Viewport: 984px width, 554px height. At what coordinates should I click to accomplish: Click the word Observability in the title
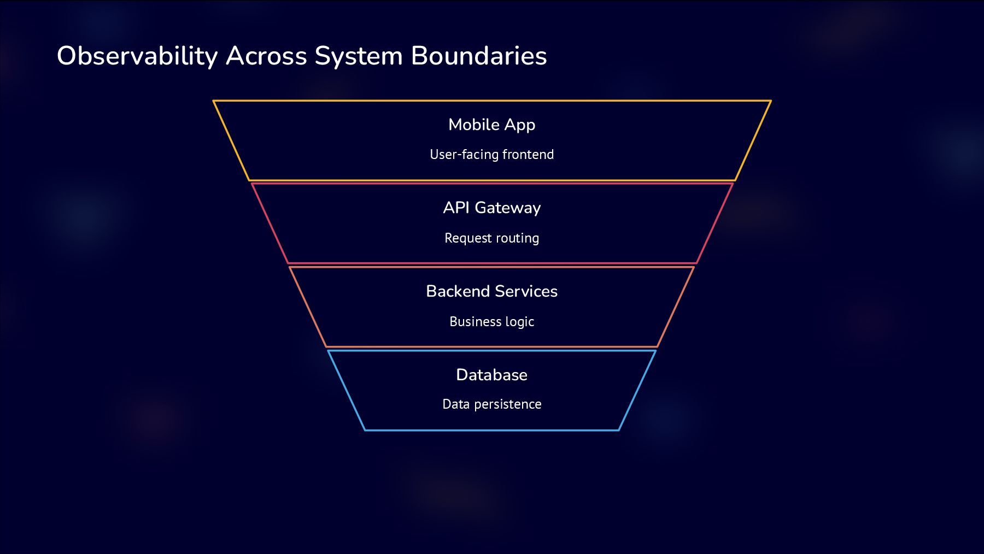137,56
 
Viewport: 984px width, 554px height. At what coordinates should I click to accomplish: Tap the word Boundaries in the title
478,56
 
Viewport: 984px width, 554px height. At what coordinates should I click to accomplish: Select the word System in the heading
359,56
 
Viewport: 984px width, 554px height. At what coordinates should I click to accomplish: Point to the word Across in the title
266,56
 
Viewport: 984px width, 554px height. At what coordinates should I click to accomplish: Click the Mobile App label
491,125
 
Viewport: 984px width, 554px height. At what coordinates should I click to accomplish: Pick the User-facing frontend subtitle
491,155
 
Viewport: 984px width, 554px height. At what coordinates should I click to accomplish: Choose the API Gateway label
491,208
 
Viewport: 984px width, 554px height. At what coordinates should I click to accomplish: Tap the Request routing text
491,238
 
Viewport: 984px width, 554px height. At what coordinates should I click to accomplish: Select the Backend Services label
491,291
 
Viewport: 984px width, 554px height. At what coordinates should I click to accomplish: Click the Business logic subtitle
491,322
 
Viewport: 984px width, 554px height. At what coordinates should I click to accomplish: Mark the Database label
491,375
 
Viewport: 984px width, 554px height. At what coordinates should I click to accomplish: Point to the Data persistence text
491,404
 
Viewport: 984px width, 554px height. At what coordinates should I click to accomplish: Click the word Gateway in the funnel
507,208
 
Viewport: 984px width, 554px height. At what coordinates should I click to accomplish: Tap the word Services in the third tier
526,291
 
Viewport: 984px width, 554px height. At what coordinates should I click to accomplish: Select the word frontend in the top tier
528,155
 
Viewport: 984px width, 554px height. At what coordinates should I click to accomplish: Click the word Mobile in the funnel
474,125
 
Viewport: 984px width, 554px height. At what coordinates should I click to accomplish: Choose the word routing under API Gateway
517,238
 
